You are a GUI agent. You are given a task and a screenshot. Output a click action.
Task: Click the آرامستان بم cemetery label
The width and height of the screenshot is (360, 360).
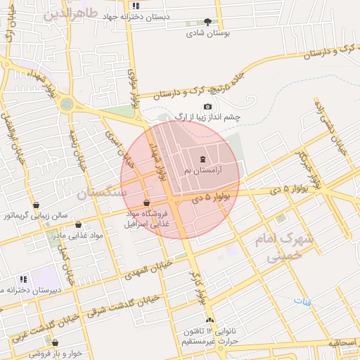203,170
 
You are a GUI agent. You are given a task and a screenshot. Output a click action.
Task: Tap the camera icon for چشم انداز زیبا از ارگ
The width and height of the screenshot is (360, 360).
207,105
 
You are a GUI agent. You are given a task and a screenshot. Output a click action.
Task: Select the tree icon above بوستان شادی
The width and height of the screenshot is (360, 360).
207,22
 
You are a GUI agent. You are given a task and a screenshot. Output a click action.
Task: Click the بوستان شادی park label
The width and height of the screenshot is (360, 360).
210,32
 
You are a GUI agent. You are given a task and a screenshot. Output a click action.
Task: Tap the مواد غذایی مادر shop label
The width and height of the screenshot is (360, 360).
78,235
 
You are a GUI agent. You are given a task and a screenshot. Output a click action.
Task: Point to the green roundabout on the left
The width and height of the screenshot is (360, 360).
67,105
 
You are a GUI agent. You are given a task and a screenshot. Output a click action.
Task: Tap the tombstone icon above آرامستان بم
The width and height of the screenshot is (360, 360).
203,158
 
